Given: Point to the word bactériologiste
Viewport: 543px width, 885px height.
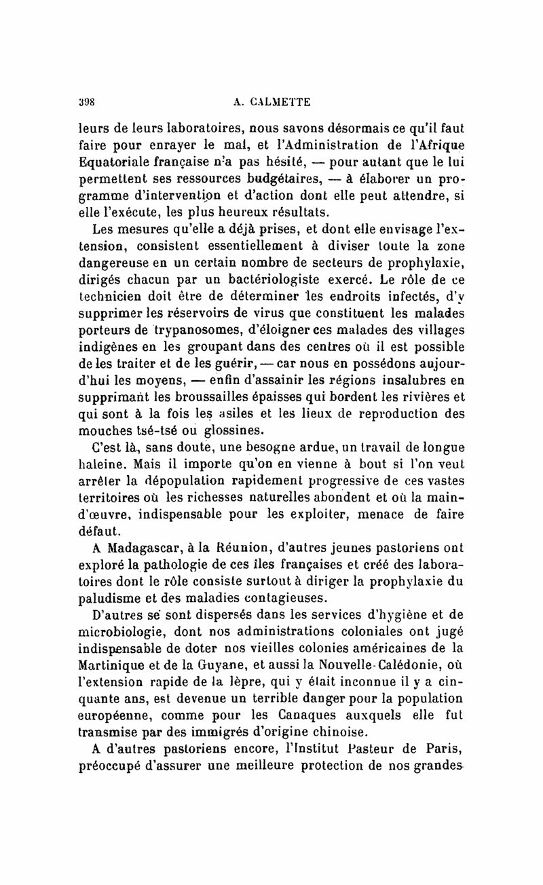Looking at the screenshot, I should [288, 278].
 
